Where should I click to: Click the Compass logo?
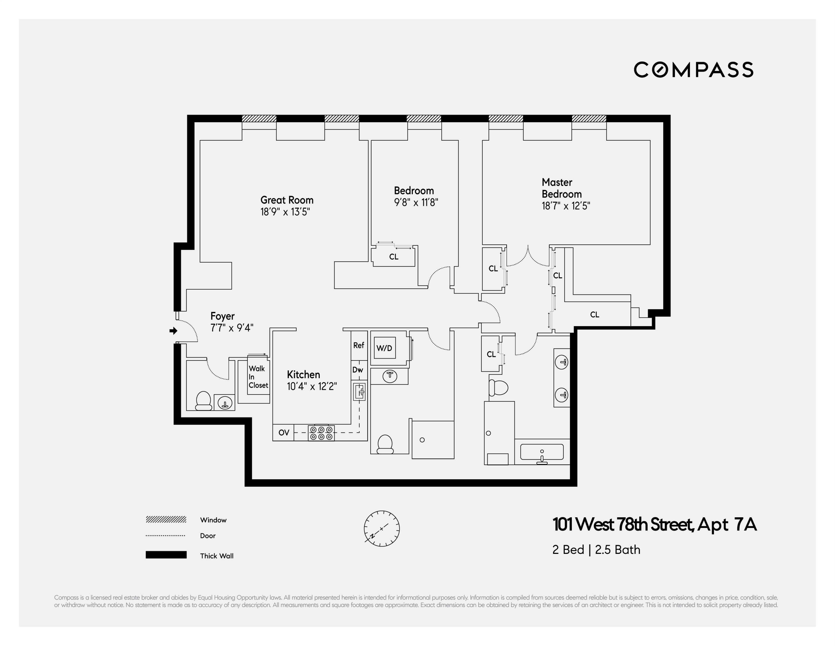pos(693,70)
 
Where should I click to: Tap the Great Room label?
pos(287,200)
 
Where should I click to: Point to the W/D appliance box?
pos(384,348)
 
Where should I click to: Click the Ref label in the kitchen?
pos(359,345)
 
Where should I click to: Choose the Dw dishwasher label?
pos(358,370)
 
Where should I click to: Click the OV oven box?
pos(283,433)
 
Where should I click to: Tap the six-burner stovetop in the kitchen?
pos(322,433)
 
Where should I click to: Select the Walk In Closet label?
pos(258,377)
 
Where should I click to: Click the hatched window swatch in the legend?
pos(166,520)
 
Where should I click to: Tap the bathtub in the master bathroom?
pos(542,452)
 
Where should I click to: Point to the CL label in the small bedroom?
pos(394,257)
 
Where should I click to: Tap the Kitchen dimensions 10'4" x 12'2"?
pos(312,387)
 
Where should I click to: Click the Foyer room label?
pos(223,316)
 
